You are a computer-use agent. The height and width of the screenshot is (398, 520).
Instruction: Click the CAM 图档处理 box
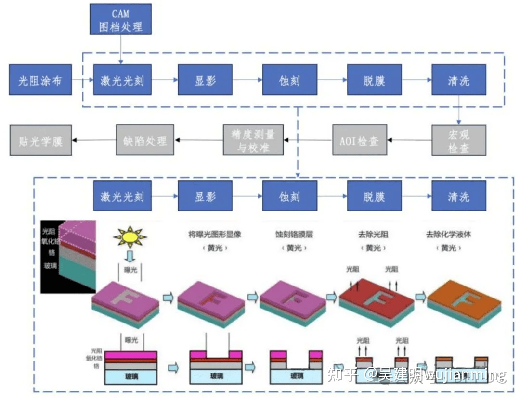120,19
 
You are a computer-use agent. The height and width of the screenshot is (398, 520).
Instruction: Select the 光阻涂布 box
40,80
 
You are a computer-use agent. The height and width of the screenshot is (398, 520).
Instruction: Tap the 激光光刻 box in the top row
122,80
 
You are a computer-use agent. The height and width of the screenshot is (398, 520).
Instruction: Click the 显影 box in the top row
205,80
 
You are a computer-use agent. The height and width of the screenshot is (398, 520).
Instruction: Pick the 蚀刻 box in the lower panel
289,196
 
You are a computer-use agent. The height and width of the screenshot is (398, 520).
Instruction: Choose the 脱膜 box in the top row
374,80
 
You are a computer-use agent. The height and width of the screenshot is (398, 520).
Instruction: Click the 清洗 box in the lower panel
458,196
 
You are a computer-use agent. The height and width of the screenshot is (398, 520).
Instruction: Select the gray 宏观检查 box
458,140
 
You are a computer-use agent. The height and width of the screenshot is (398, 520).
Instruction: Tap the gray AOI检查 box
359,140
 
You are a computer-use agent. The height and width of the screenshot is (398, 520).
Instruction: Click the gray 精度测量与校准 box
253,140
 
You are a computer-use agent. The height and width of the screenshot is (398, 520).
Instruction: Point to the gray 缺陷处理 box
145,140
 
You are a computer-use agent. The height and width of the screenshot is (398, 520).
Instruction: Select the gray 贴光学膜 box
40,140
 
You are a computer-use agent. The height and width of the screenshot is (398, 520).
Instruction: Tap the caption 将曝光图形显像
214,235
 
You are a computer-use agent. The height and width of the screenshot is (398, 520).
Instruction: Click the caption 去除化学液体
448,235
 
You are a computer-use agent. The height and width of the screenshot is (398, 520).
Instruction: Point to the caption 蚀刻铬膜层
294,235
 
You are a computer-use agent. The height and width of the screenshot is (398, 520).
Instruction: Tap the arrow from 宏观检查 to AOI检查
409,140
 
